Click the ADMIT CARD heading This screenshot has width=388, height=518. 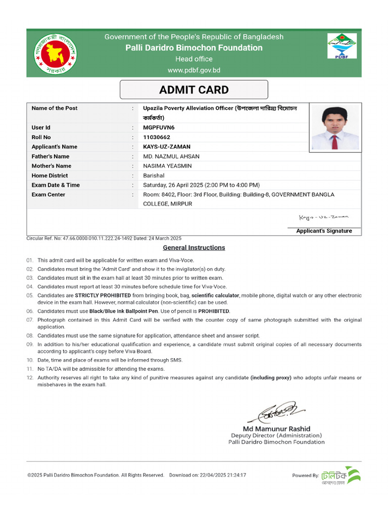(x=194, y=90)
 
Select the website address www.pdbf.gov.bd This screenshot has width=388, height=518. (x=194, y=70)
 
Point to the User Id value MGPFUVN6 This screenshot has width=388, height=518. (x=158, y=127)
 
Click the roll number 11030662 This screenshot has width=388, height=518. (x=157, y=137)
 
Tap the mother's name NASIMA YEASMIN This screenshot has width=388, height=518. (x=167, y=166)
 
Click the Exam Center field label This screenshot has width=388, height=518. (x=48, y=195)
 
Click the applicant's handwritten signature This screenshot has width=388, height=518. (x=324, y=217)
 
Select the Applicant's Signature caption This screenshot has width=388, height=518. (x=324, y=231)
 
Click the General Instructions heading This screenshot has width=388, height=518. (x=194, y=248)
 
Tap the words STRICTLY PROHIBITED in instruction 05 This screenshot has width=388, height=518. (x=103, y=295)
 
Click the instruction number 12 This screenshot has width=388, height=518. (x=29, y=378)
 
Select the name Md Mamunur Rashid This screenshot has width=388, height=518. (x=276, y=428)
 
